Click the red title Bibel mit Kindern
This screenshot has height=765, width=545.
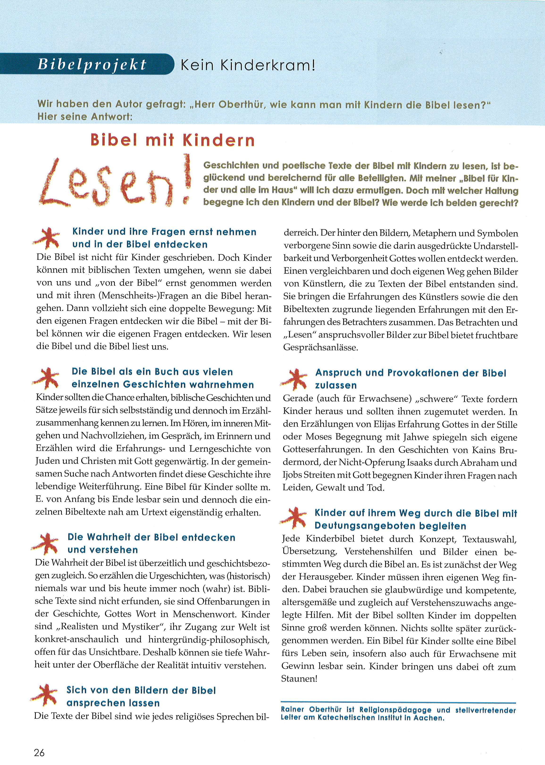172,140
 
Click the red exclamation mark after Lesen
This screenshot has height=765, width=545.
187,179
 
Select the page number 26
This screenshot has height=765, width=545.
39,753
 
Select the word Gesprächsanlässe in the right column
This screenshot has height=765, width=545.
320,348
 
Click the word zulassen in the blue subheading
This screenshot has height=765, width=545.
335,385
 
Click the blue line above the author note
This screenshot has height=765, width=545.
398,702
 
